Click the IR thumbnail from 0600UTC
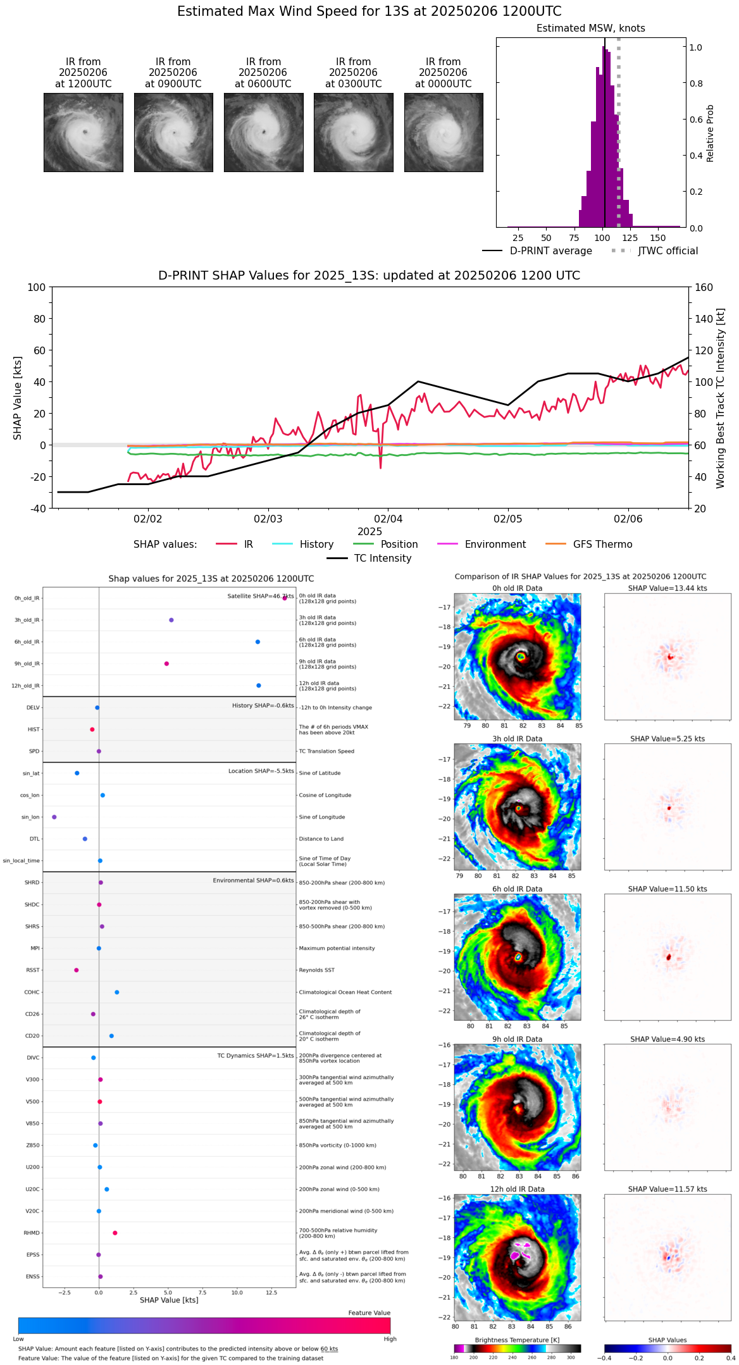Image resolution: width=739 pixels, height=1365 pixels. tap(263, 132)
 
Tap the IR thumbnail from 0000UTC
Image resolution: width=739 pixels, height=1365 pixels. tap(444, 132)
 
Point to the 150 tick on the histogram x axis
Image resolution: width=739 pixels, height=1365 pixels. tap(658, 238)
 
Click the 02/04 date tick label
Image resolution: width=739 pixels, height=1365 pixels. tap(388, 519)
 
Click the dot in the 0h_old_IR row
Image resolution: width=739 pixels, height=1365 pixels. tap(285, 598)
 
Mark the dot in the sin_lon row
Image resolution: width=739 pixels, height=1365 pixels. tap(54, 817)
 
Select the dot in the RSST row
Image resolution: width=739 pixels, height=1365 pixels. tap(77, 970)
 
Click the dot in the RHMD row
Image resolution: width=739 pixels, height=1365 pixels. tap(115, 1233)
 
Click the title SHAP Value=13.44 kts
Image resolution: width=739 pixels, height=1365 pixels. tap(668, 588)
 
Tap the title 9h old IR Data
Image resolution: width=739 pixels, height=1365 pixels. tap(517, 1039)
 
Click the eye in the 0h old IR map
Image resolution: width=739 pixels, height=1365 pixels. tap(521, 657)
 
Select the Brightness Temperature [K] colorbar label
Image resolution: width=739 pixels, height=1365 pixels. tap(517, 1340)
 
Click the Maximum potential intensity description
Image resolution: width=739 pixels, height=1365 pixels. tap(337, 948)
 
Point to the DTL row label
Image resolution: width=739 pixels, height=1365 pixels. tap(35, 839)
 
